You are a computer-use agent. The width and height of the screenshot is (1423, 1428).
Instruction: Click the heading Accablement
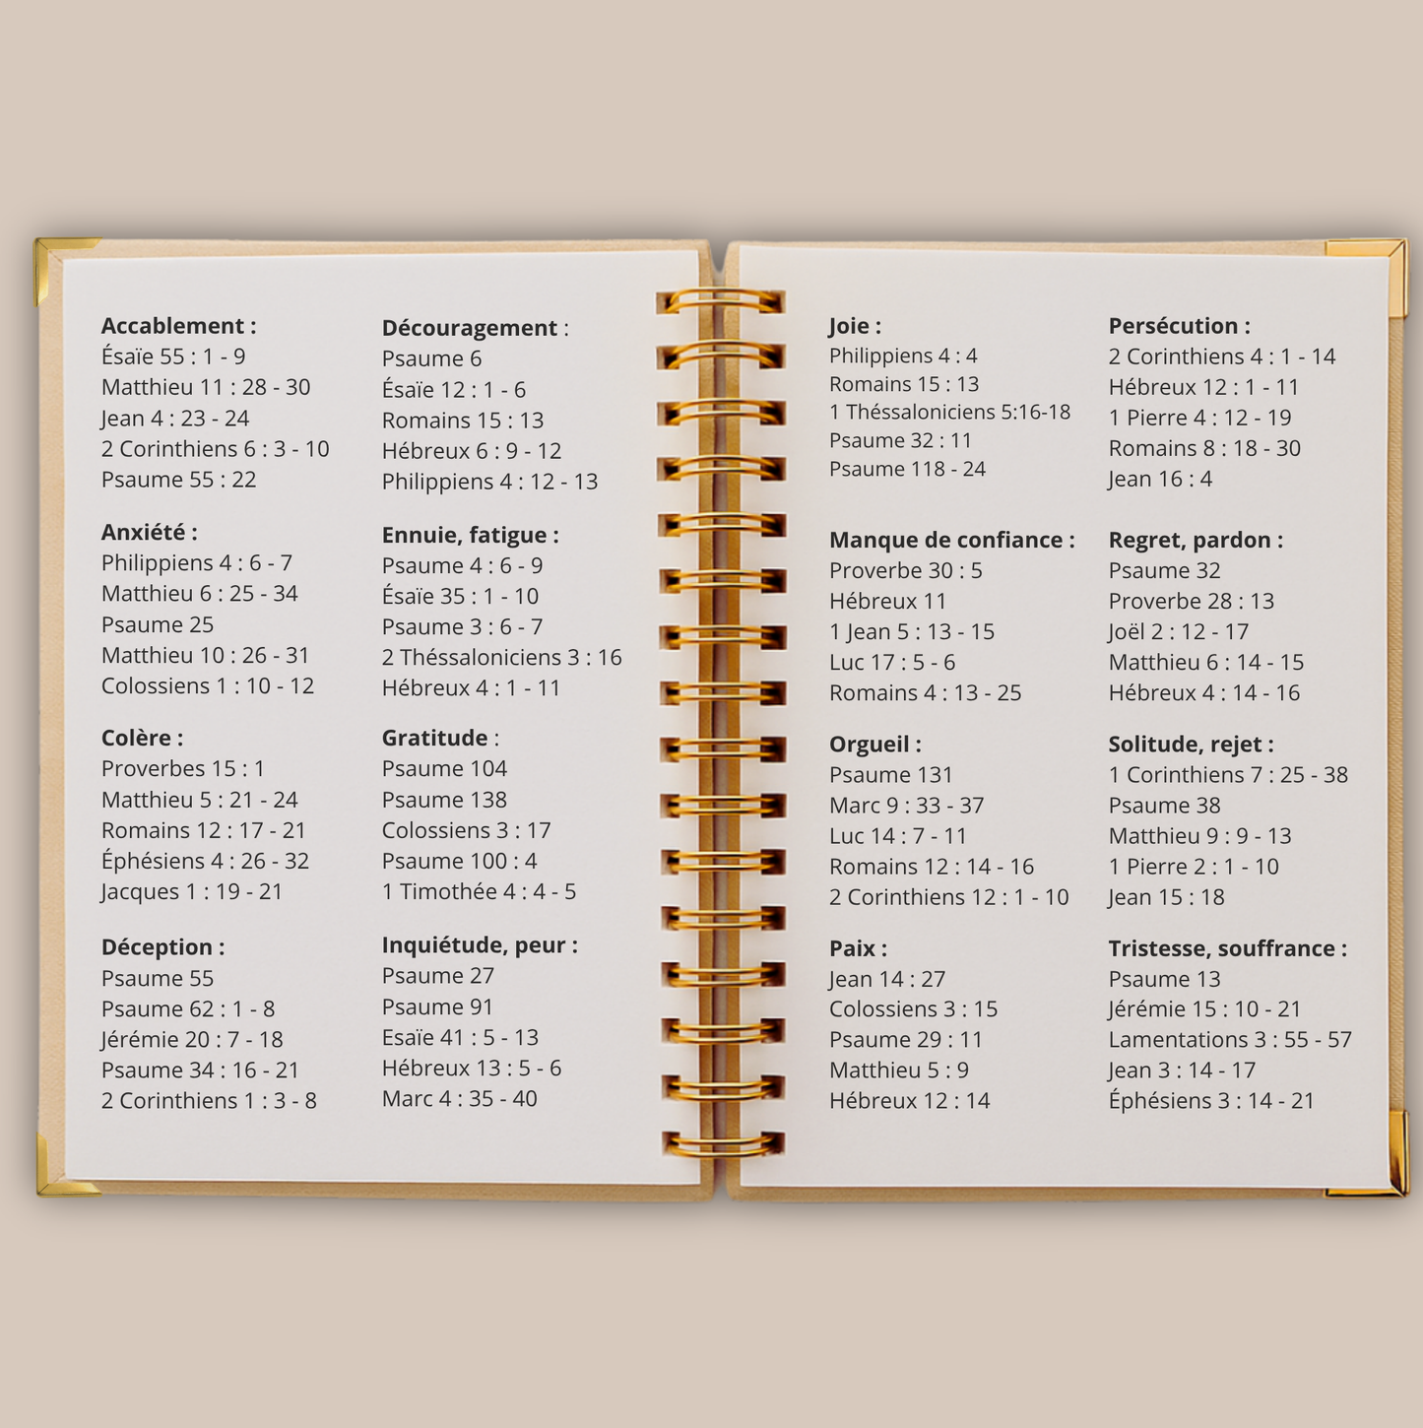178,326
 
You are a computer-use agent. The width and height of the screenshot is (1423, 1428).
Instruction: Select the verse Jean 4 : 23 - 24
175,419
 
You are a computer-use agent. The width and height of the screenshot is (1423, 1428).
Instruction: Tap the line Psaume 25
158,624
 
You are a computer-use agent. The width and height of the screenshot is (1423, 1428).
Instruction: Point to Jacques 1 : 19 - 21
192,892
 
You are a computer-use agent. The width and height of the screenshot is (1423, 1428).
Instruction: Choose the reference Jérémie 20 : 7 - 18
192,1040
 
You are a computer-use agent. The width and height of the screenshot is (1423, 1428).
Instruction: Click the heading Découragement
474,328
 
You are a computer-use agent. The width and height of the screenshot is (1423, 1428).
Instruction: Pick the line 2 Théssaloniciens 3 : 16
501,658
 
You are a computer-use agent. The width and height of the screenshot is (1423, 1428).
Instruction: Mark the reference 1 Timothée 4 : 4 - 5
479,892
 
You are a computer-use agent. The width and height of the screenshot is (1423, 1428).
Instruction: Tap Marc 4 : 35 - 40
459,1099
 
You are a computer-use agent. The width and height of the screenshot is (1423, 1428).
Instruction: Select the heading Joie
855,326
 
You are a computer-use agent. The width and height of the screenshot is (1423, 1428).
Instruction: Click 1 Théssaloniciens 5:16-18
949,412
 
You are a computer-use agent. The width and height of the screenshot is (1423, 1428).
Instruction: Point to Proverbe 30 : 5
905,571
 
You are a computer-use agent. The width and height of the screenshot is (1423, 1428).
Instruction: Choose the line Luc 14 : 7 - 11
897,836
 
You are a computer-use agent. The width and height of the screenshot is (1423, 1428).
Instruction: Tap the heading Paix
858,948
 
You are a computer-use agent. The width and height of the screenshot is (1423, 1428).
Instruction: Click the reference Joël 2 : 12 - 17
1178,632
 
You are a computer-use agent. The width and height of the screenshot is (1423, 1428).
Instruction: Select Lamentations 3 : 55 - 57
1230,1040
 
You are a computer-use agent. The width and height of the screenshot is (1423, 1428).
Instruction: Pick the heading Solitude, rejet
1191,745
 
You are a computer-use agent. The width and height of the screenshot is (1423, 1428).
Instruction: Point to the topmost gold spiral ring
721,300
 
